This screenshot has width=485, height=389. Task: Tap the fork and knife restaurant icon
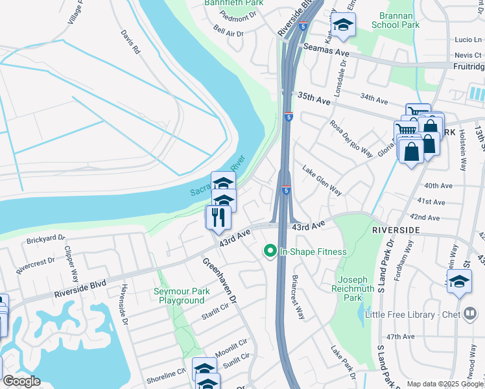[218, 217]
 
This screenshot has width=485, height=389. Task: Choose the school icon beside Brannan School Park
[343, 26]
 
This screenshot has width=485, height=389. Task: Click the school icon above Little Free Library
[459, 282]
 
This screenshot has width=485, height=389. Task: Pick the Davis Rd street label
[130, 40]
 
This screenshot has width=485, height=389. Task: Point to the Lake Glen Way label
[322, 180]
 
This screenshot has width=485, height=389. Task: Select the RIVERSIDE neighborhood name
[396, 230]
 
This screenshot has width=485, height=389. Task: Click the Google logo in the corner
[21, 381]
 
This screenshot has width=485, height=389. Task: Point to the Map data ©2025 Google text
[445, 384]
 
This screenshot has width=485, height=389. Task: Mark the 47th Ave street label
[400, 336]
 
